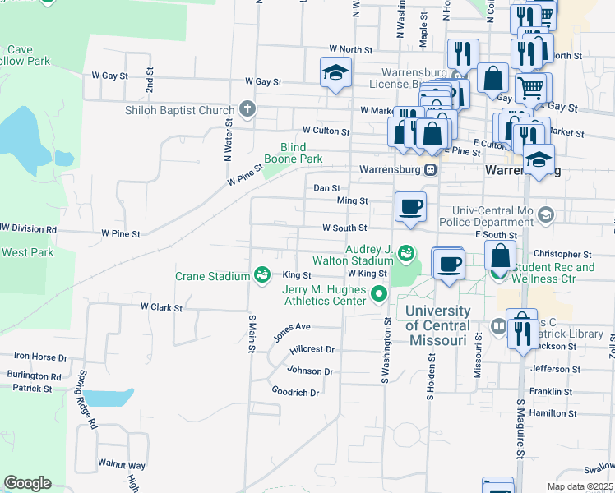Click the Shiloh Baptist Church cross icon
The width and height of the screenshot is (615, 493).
click(246, 110)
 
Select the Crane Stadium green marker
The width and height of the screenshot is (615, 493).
click(261, 274)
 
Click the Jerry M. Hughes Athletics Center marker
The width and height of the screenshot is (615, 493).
click(379, 292)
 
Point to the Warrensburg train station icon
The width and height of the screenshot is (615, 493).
click(430, 170)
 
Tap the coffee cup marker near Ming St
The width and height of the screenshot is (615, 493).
click(410, 206)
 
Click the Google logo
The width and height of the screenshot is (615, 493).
click(27, 483)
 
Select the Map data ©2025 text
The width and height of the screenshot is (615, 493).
click(579, 486)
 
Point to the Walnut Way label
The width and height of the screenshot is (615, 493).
click(121, 465)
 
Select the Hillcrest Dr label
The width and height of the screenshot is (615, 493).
click(312, 349)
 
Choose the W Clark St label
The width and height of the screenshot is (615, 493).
click(160, 306)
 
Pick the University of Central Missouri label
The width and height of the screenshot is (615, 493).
click(437, 325)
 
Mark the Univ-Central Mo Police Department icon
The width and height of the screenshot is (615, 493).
click(544, 216)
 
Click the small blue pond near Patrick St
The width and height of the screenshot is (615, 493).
click(108, 398)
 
